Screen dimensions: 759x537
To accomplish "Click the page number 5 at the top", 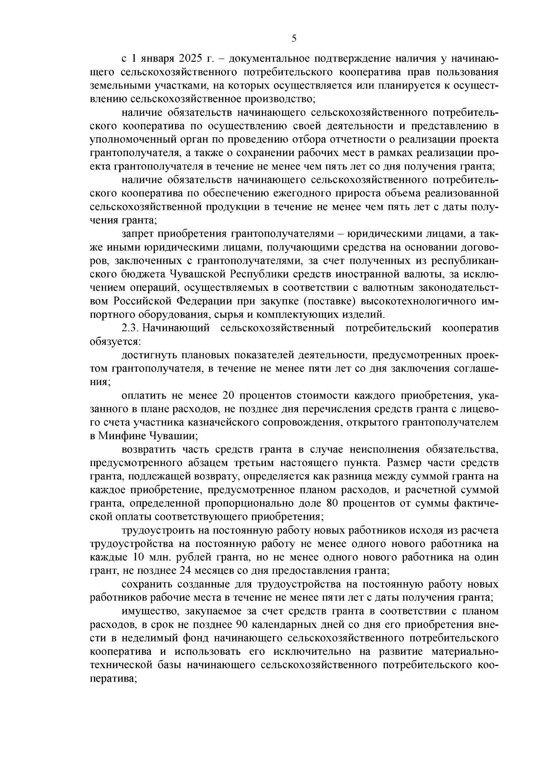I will (294, 38).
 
